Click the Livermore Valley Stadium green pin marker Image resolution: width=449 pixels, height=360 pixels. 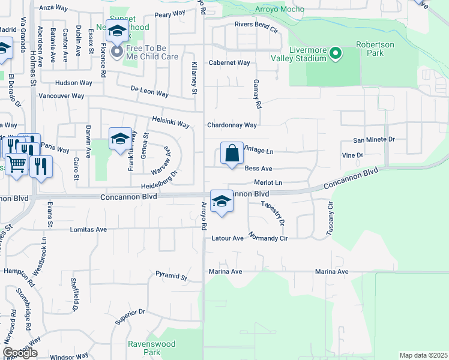pos(336,53)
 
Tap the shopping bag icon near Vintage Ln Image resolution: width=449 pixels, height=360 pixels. pos(232,154)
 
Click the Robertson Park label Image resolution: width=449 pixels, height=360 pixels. pos(378,49)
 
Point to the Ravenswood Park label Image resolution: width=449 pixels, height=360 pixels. pos(144,348)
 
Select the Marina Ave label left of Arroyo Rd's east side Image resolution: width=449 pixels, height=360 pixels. pos(224,272)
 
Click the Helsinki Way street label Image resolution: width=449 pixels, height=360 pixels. pos(170,122)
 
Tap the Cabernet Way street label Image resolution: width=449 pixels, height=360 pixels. pos(229,62)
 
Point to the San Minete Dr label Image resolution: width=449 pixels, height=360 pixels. pos(373,140)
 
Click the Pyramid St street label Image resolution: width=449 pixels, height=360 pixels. pos(171,277)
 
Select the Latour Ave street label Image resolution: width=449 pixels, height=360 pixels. pos(228,238)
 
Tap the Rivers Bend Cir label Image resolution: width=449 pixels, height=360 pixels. pos(256,25)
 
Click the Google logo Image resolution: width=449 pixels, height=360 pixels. pos(20,353)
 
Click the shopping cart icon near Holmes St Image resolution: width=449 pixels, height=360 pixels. pos(17,163)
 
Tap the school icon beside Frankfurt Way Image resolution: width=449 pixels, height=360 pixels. pos(120,139)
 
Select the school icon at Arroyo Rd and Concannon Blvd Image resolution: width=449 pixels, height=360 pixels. pos(221,202)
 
